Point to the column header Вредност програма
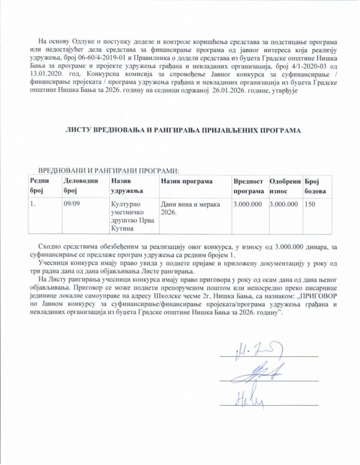point(249,186)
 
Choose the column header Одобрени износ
point(285,186)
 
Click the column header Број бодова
point(315,186)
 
